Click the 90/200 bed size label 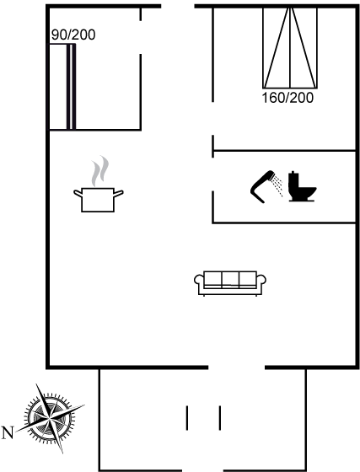[x=73, y=35]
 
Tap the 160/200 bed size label [x=287, y=98]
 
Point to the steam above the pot [x=100, y=170]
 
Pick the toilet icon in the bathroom [x=302, y=186]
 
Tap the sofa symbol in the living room [x=230, y=283]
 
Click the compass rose [x=50, y=418]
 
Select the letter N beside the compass [x=8, y=432]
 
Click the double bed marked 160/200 [x=290, y=48]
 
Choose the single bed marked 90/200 [x=62, y=87]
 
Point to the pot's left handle [x=78, y=194]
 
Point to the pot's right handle [x=119, y=194]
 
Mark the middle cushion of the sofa [x=230, y=279]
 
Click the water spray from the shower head [x=277, y=186]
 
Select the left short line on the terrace [x=187, y=418]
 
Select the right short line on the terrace [x=220, y=418]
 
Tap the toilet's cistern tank [x=293, y=180]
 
